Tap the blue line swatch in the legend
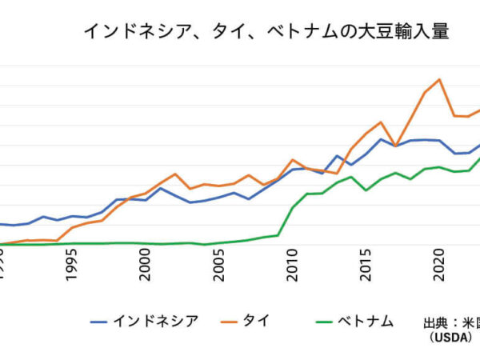pos(99,322)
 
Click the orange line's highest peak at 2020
pos(439,79)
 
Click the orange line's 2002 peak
pos(174,174)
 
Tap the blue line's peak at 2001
pos(160,188)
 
